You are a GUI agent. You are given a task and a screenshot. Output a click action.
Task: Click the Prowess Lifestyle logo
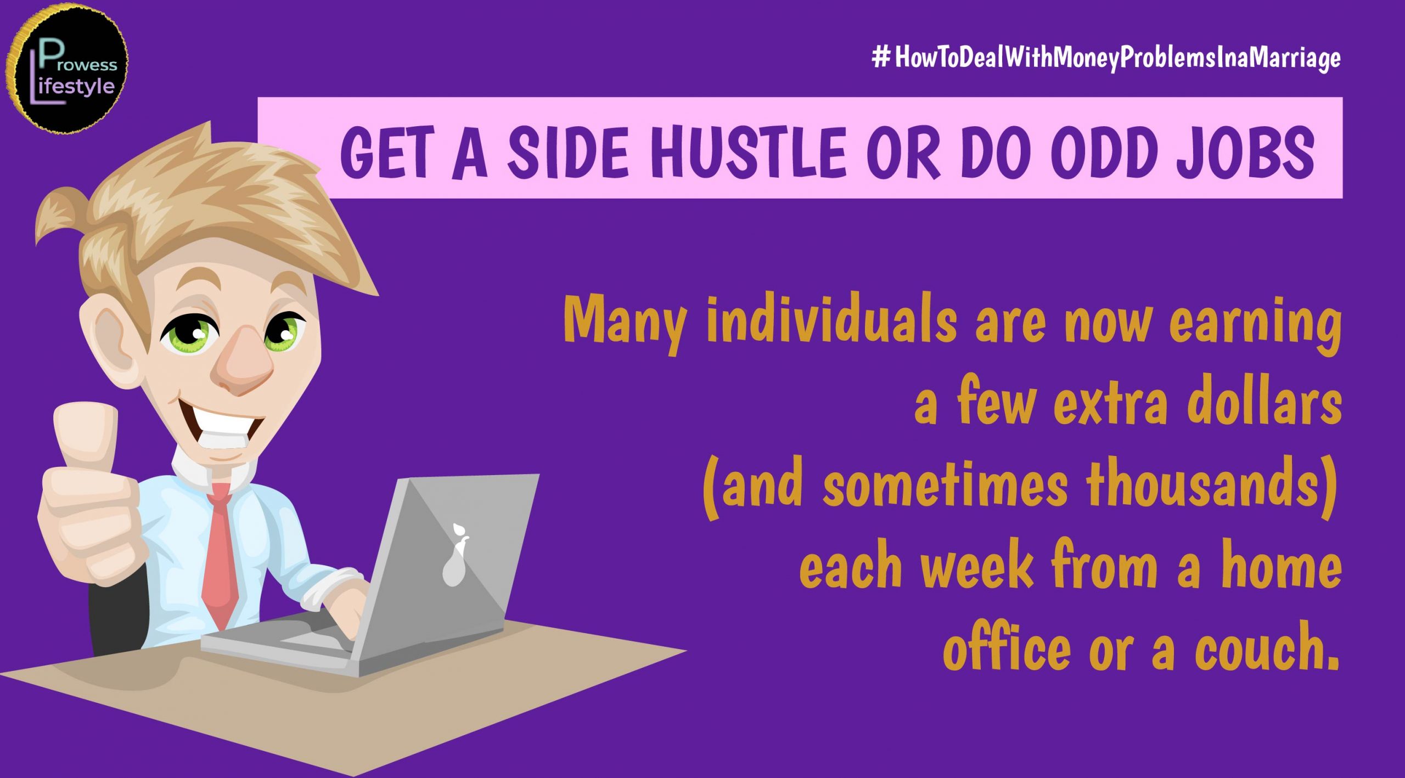(67, 69)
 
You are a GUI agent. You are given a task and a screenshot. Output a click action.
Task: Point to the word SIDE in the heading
(568, 151)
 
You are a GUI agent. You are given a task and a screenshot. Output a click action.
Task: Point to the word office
(1007, 647)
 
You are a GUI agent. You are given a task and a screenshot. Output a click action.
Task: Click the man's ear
(110, 335)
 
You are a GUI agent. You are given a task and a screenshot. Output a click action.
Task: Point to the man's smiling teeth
(222, 425)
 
